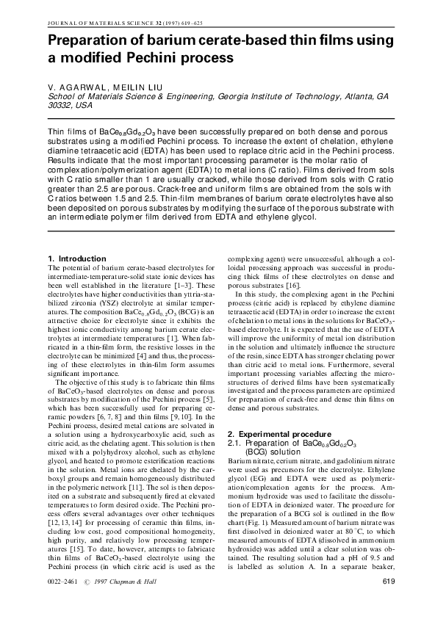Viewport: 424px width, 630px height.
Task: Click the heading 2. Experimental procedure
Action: click(273, 435)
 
